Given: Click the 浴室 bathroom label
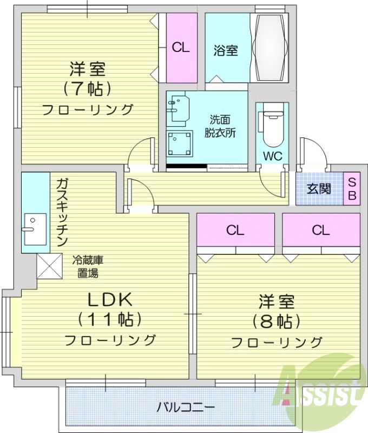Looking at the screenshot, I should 226,51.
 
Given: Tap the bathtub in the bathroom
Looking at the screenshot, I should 270,47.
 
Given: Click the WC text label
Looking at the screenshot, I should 272,156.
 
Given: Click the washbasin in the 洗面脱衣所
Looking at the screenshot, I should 178,108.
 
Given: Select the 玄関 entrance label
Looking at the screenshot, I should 319,189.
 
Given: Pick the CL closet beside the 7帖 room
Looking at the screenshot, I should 181,48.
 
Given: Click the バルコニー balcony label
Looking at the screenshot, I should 186,406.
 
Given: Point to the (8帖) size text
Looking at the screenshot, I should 276,321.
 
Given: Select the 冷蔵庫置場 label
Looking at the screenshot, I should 87,266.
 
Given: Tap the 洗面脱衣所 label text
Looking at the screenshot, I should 220,127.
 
